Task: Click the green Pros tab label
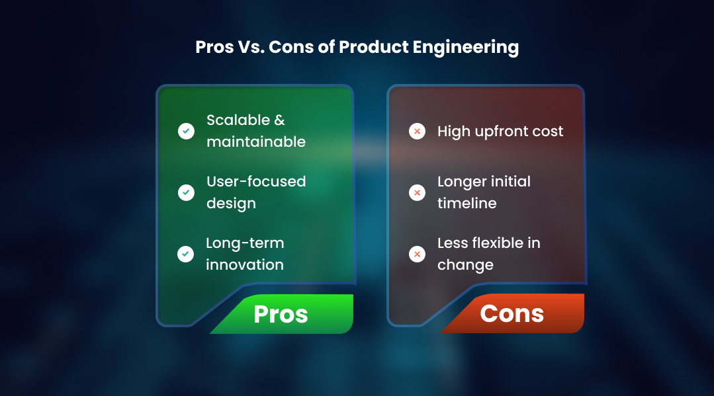281,314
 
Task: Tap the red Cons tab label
512,313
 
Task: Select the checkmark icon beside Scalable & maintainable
187,131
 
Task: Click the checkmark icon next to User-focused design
187,192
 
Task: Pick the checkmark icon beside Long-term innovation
187,254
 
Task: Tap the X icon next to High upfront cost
417,132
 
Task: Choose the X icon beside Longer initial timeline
417,192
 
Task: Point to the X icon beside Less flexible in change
417,254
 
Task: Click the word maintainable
256,142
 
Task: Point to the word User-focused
256,182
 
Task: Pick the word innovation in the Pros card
245,265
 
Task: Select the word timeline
468,204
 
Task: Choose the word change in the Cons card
465,265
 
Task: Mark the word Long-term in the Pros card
245,243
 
